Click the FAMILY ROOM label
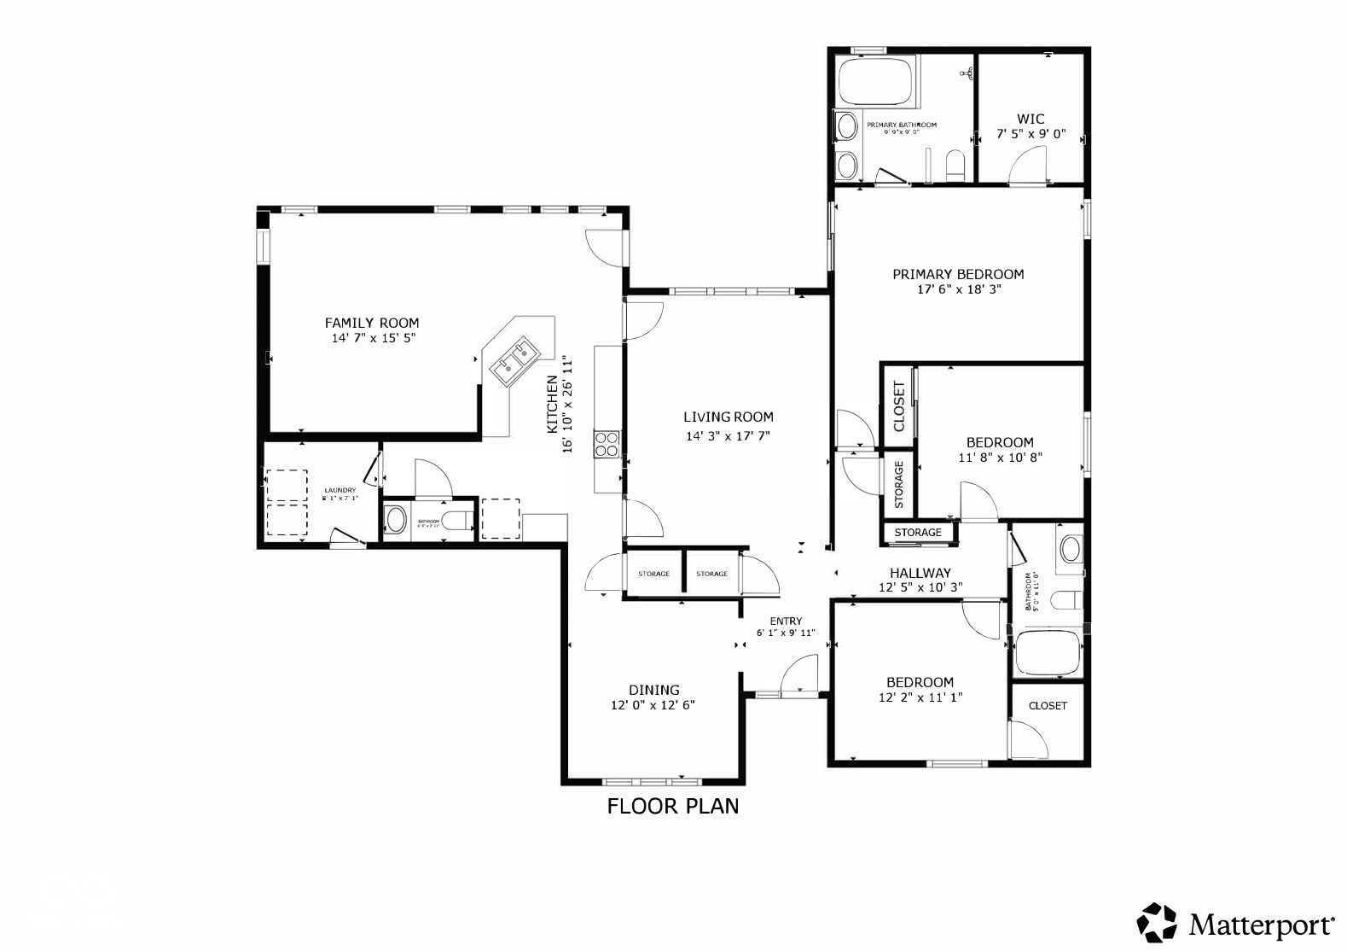click(372, 323)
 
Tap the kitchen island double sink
click(514, 359)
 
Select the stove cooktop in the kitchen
click(607, 444)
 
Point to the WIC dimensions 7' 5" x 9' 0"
click(1031, 134)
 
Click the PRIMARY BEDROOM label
click(958, 274)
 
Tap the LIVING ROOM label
click(729, 417)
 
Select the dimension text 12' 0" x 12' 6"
click(653, 706)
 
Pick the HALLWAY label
click(920, 573)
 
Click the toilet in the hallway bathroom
click(1064, 601)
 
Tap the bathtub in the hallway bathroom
click(1048, 655)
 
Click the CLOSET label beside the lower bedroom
click(1048, 706)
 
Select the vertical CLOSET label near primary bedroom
click(898, 406)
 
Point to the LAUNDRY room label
click(340, 491)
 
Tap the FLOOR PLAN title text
click(673, 806)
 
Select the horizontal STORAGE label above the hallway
click(918, 533)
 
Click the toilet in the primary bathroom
click(955, 165)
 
